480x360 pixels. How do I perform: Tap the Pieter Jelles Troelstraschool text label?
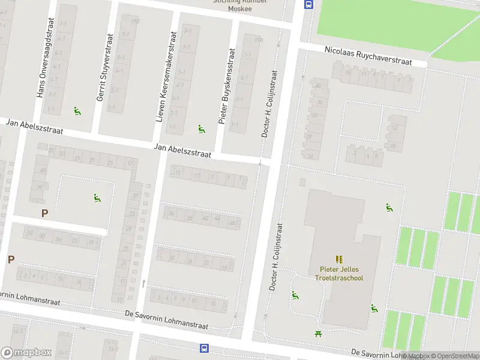pos(340,274)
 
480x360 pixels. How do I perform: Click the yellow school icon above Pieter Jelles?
pos(340,259)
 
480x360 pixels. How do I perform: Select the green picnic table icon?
pos(318,334)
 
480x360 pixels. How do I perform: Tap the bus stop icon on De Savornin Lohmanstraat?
pos(204,348)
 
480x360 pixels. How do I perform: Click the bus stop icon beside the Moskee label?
pos(308,5)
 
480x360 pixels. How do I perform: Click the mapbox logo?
pos(26,353)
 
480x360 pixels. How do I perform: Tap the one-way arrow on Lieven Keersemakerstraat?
pos(143,283)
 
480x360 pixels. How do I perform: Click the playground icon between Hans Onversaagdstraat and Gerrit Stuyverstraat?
pos(77,110)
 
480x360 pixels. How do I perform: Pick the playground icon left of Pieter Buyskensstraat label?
pos(201,128)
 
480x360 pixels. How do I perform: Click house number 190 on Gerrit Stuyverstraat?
pos(135,22)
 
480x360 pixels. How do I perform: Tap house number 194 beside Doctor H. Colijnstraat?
pos(259,40)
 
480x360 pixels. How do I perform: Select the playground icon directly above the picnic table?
pos(295,295)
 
